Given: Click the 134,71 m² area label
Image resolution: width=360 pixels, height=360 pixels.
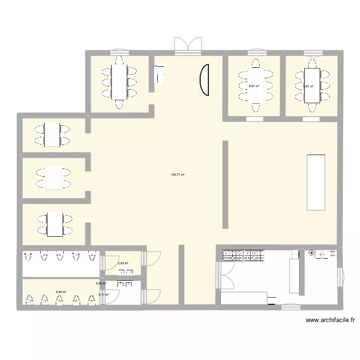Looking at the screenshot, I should (x=178, y=175).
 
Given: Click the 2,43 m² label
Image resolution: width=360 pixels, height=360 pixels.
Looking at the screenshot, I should (x=123, y=263).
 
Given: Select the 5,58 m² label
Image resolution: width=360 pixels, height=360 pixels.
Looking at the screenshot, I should (x=60, y=291).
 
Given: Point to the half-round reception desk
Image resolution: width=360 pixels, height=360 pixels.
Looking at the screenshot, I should (x=204, y=80).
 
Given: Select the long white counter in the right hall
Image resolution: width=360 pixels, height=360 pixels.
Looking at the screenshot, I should (x=316, y=182).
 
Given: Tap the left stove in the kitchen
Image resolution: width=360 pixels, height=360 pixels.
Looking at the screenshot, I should (x=232, y=256).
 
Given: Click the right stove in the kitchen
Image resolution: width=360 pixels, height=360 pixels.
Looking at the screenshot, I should (x=254, y=256).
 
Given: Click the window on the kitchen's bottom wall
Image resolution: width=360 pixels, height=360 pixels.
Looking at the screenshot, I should (x=290, y=305).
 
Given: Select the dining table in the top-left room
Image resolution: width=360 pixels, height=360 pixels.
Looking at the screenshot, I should (x=119, y=82).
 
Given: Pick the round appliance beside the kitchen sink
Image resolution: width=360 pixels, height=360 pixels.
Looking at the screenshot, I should (x=312, y=253).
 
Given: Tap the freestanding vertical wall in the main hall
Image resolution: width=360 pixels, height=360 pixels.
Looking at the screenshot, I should (x=225, y=184).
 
